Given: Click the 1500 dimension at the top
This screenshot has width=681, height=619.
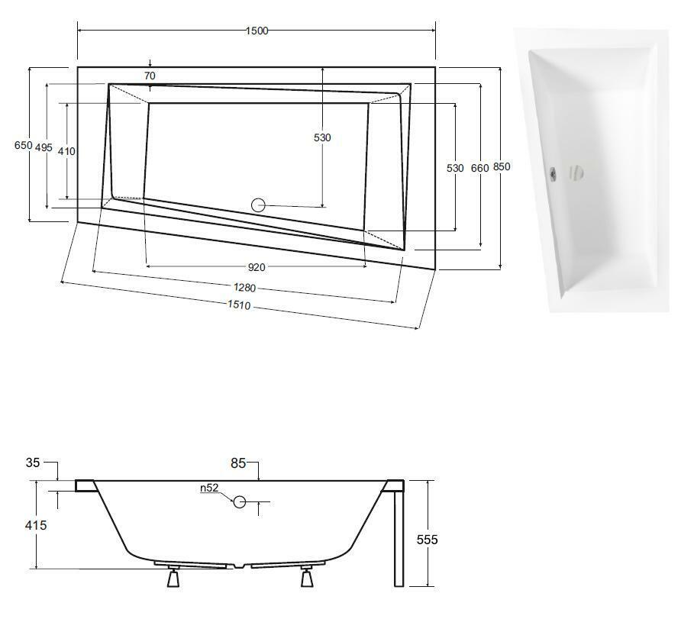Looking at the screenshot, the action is tap(257, 31).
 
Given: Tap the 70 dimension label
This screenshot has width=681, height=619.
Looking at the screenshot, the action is tap(150, 76).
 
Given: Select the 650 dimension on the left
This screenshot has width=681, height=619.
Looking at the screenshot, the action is tap(23, 145).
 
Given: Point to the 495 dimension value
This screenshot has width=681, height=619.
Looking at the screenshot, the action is tap(44, 147).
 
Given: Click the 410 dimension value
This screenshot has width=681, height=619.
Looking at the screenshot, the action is tap(66, 151).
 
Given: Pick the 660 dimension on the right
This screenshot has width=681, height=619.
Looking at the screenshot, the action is tap(480, 168).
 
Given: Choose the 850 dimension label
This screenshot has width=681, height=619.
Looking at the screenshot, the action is tap(502, 166).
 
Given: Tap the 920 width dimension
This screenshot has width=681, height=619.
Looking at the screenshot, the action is tap(257, 267).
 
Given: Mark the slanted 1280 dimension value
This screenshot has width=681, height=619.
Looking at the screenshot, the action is tap(244, 288).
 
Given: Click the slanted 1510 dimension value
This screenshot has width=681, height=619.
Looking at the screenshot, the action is tap(239, 305).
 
